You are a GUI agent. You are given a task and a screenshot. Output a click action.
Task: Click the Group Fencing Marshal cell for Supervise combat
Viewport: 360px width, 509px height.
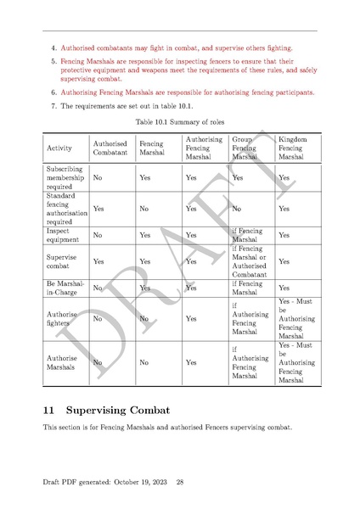(248, 262)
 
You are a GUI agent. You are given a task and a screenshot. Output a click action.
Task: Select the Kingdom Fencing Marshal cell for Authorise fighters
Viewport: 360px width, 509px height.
(295, 320)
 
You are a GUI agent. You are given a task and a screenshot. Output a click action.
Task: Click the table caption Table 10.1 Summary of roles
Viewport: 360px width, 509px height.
(179, 120)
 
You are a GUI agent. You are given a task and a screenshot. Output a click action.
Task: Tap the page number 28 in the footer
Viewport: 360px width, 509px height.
(180, 482)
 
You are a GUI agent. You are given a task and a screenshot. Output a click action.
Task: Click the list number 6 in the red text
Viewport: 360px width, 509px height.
(53, 92)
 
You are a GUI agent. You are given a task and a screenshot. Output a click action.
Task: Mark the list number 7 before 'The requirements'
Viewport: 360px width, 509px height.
(53, 106)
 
